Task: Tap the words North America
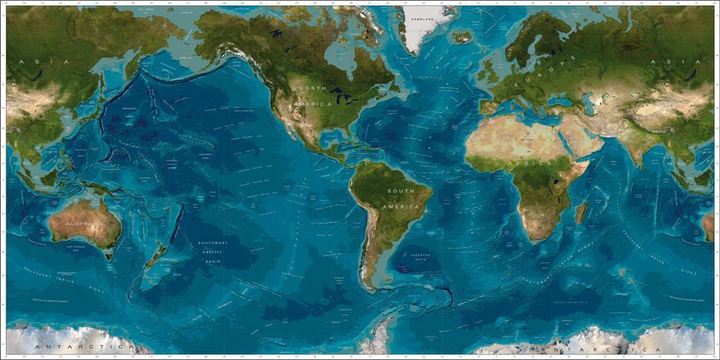coord(314,96)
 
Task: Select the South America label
coord(401,198)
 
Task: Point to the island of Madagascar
coord(580,212)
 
